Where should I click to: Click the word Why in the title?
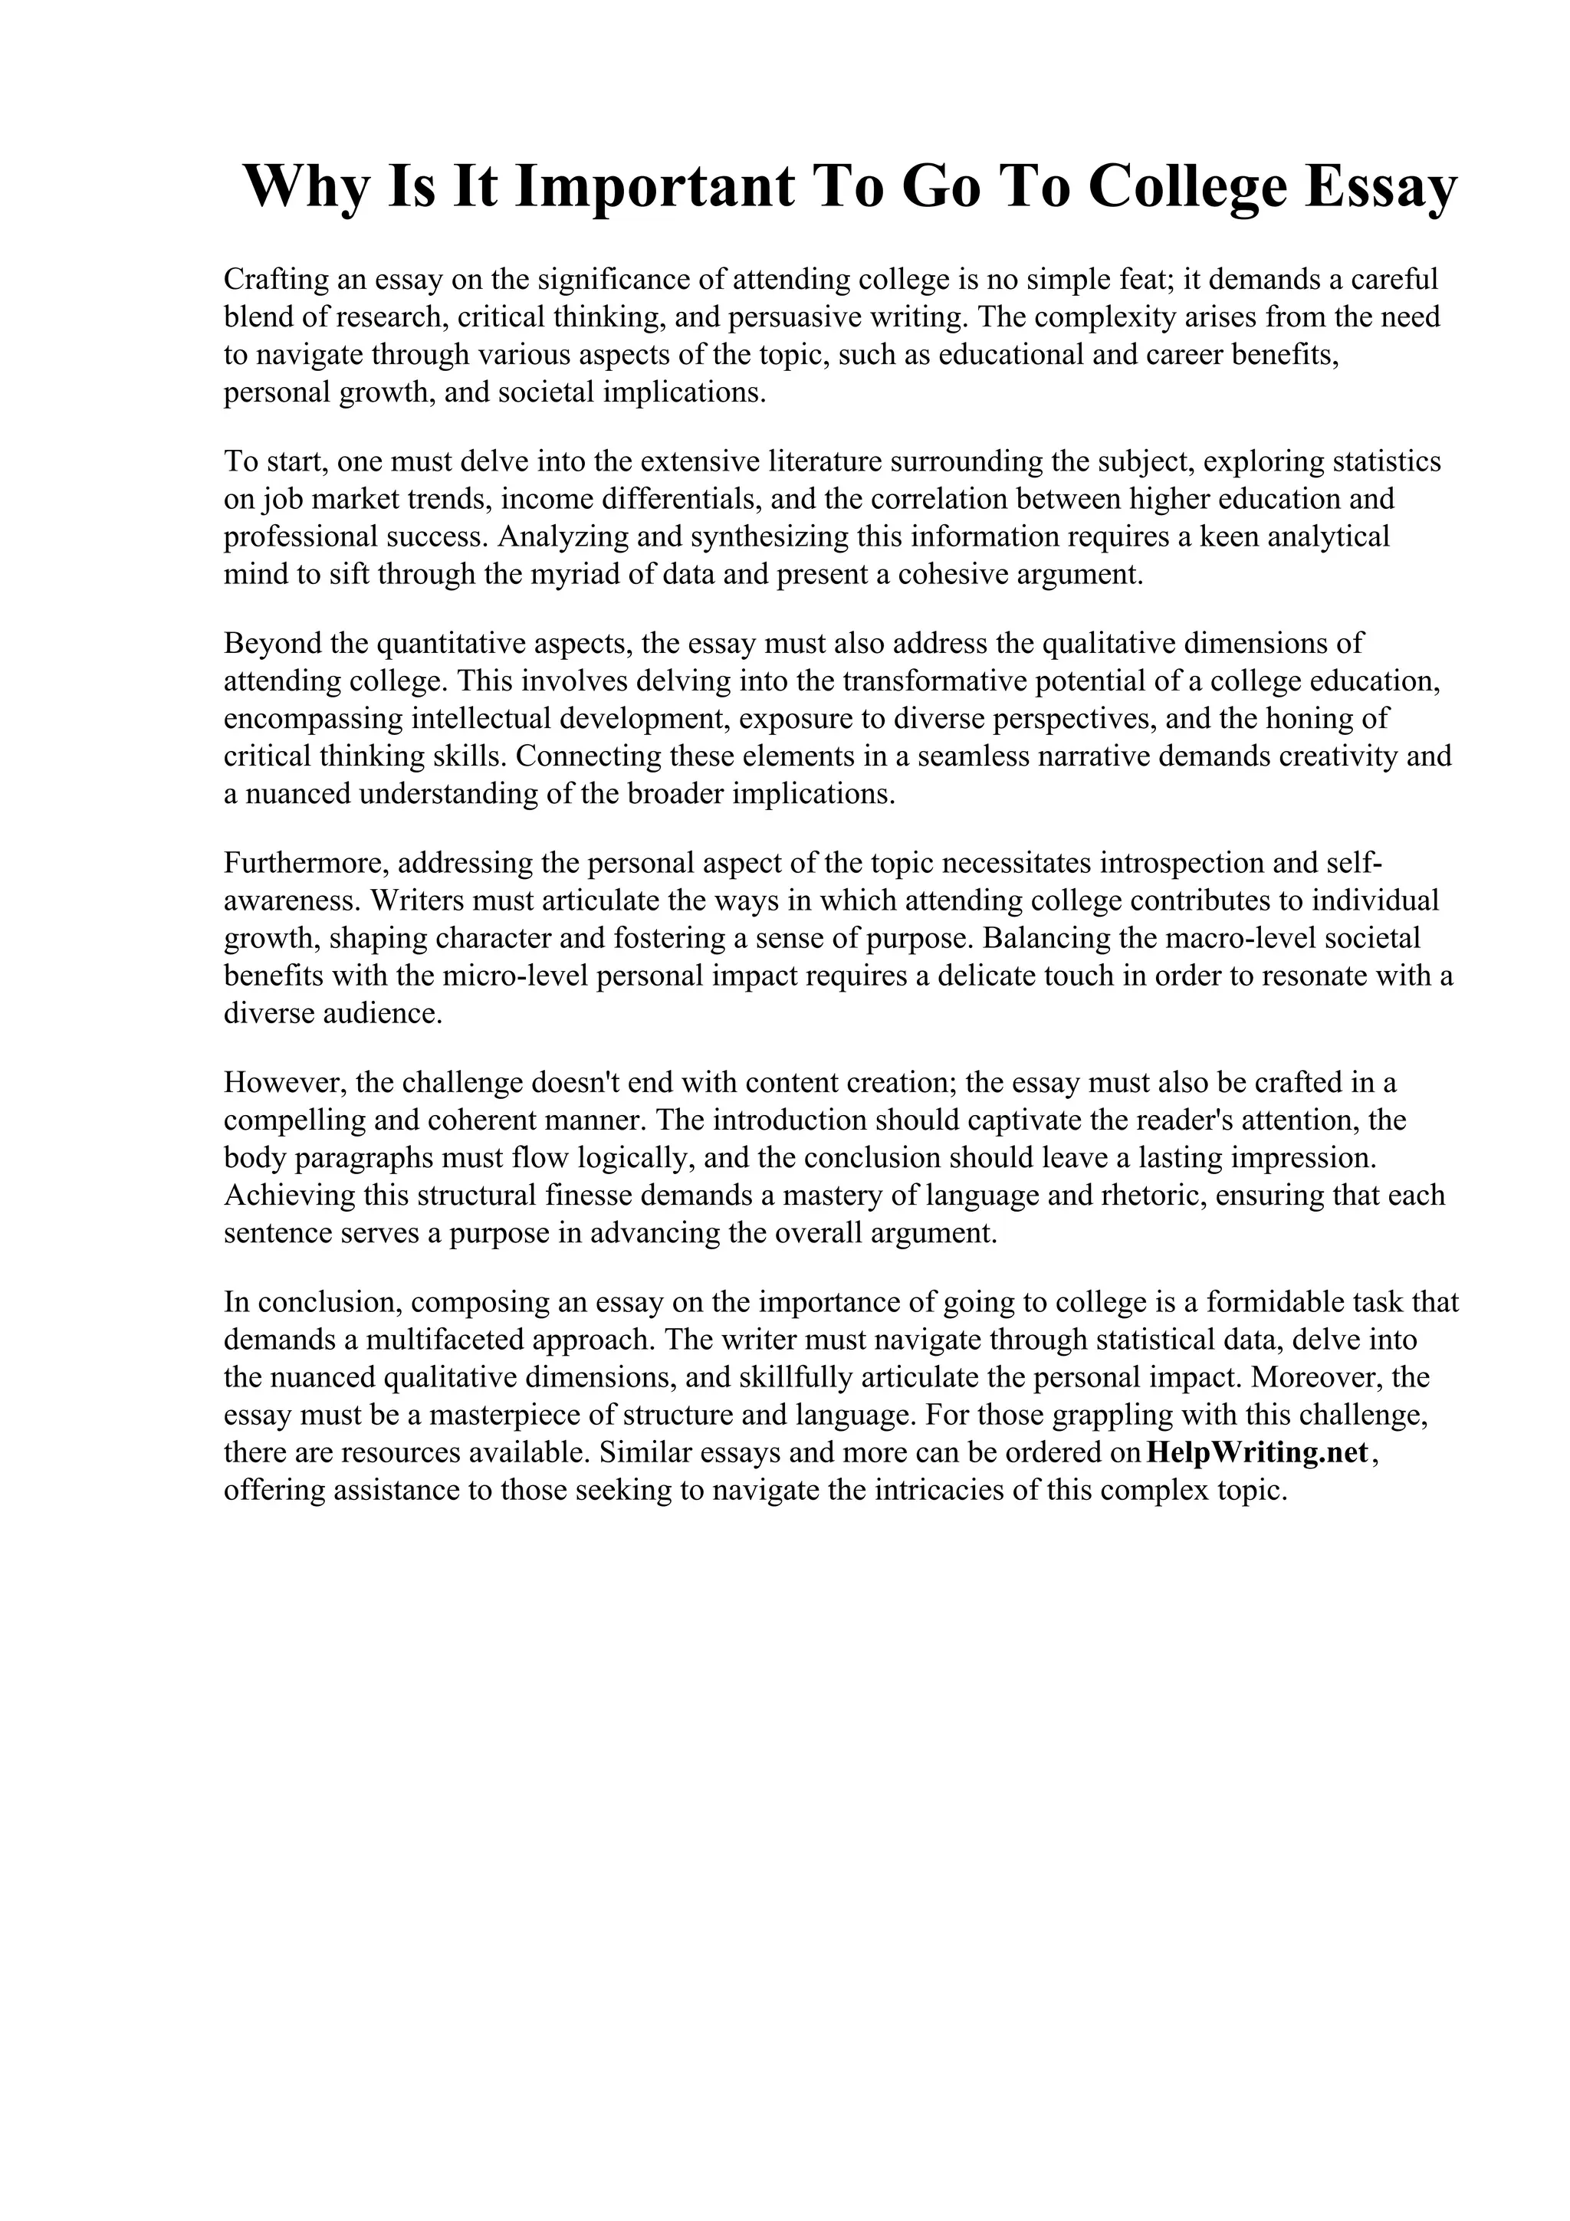point(304,187)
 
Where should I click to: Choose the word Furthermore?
point(304,863)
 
